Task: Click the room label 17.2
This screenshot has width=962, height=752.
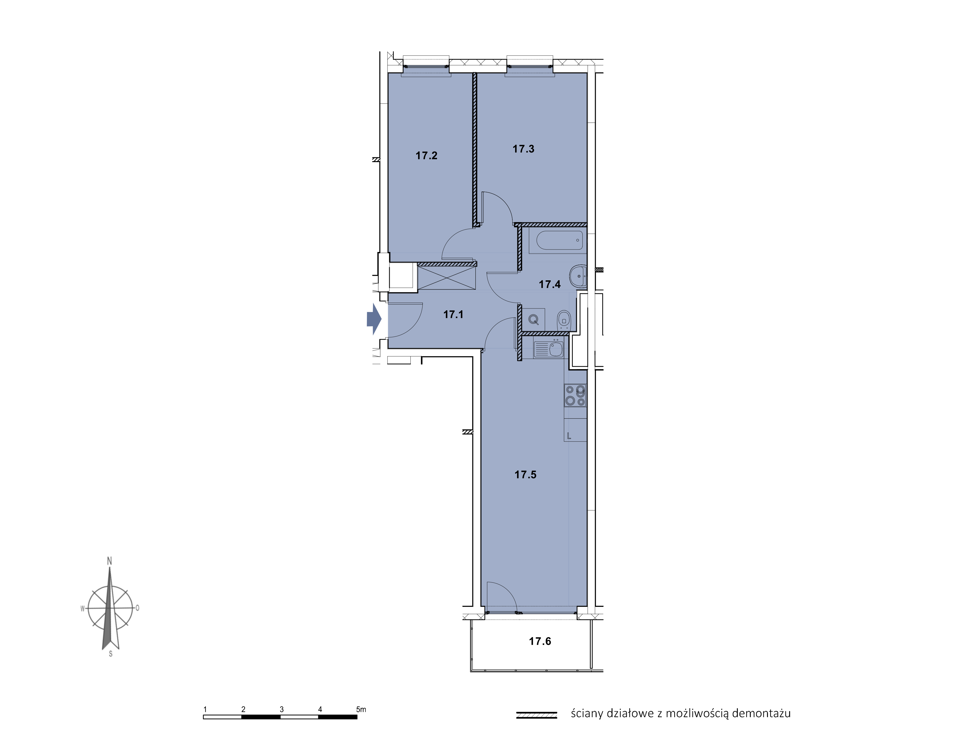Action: (426, 156)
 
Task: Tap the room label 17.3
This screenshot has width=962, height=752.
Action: (523, 149)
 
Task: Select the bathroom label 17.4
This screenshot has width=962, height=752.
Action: (550, 284)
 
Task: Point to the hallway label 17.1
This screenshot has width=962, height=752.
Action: (453, 314)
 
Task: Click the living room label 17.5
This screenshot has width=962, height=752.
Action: (526, 474)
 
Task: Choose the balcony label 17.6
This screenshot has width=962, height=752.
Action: (540, 641)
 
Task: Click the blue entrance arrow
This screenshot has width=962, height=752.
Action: (374, 319)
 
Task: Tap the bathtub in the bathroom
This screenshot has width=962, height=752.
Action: (557, 240)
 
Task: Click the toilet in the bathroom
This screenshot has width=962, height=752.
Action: (564, 320)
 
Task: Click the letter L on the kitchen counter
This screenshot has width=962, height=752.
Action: (569, 436)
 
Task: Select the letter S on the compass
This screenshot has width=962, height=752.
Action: (110, 654)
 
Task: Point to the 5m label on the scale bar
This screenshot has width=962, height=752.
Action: (361, 709)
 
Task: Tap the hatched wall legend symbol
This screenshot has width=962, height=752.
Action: (537, 715)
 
